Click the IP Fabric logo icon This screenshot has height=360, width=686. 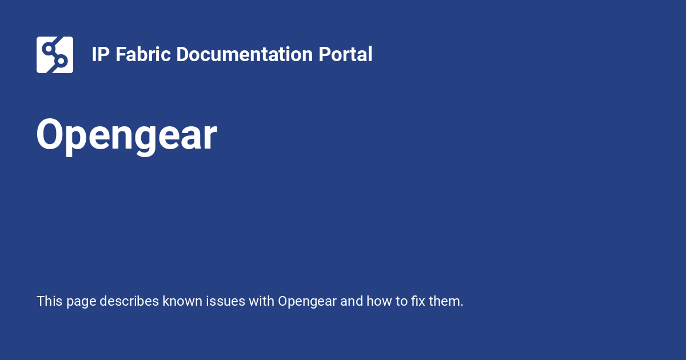(x=55, y=55)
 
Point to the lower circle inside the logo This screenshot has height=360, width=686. (x=62, y=61)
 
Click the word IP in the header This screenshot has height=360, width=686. (x=101, y=55)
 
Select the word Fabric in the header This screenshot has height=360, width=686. (x=143, y=55)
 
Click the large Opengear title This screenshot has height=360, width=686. (x=126, y=135)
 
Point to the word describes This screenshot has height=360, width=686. (x=129, y=301)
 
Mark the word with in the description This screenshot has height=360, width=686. (x=261, y=301)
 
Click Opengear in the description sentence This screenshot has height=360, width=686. (x=307, y=301)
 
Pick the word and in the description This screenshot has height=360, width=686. (x=351, y=301)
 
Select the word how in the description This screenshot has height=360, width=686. (x=378, y=301)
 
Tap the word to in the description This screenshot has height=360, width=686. (x=400, y=301)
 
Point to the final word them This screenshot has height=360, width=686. (x=446, y=301)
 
